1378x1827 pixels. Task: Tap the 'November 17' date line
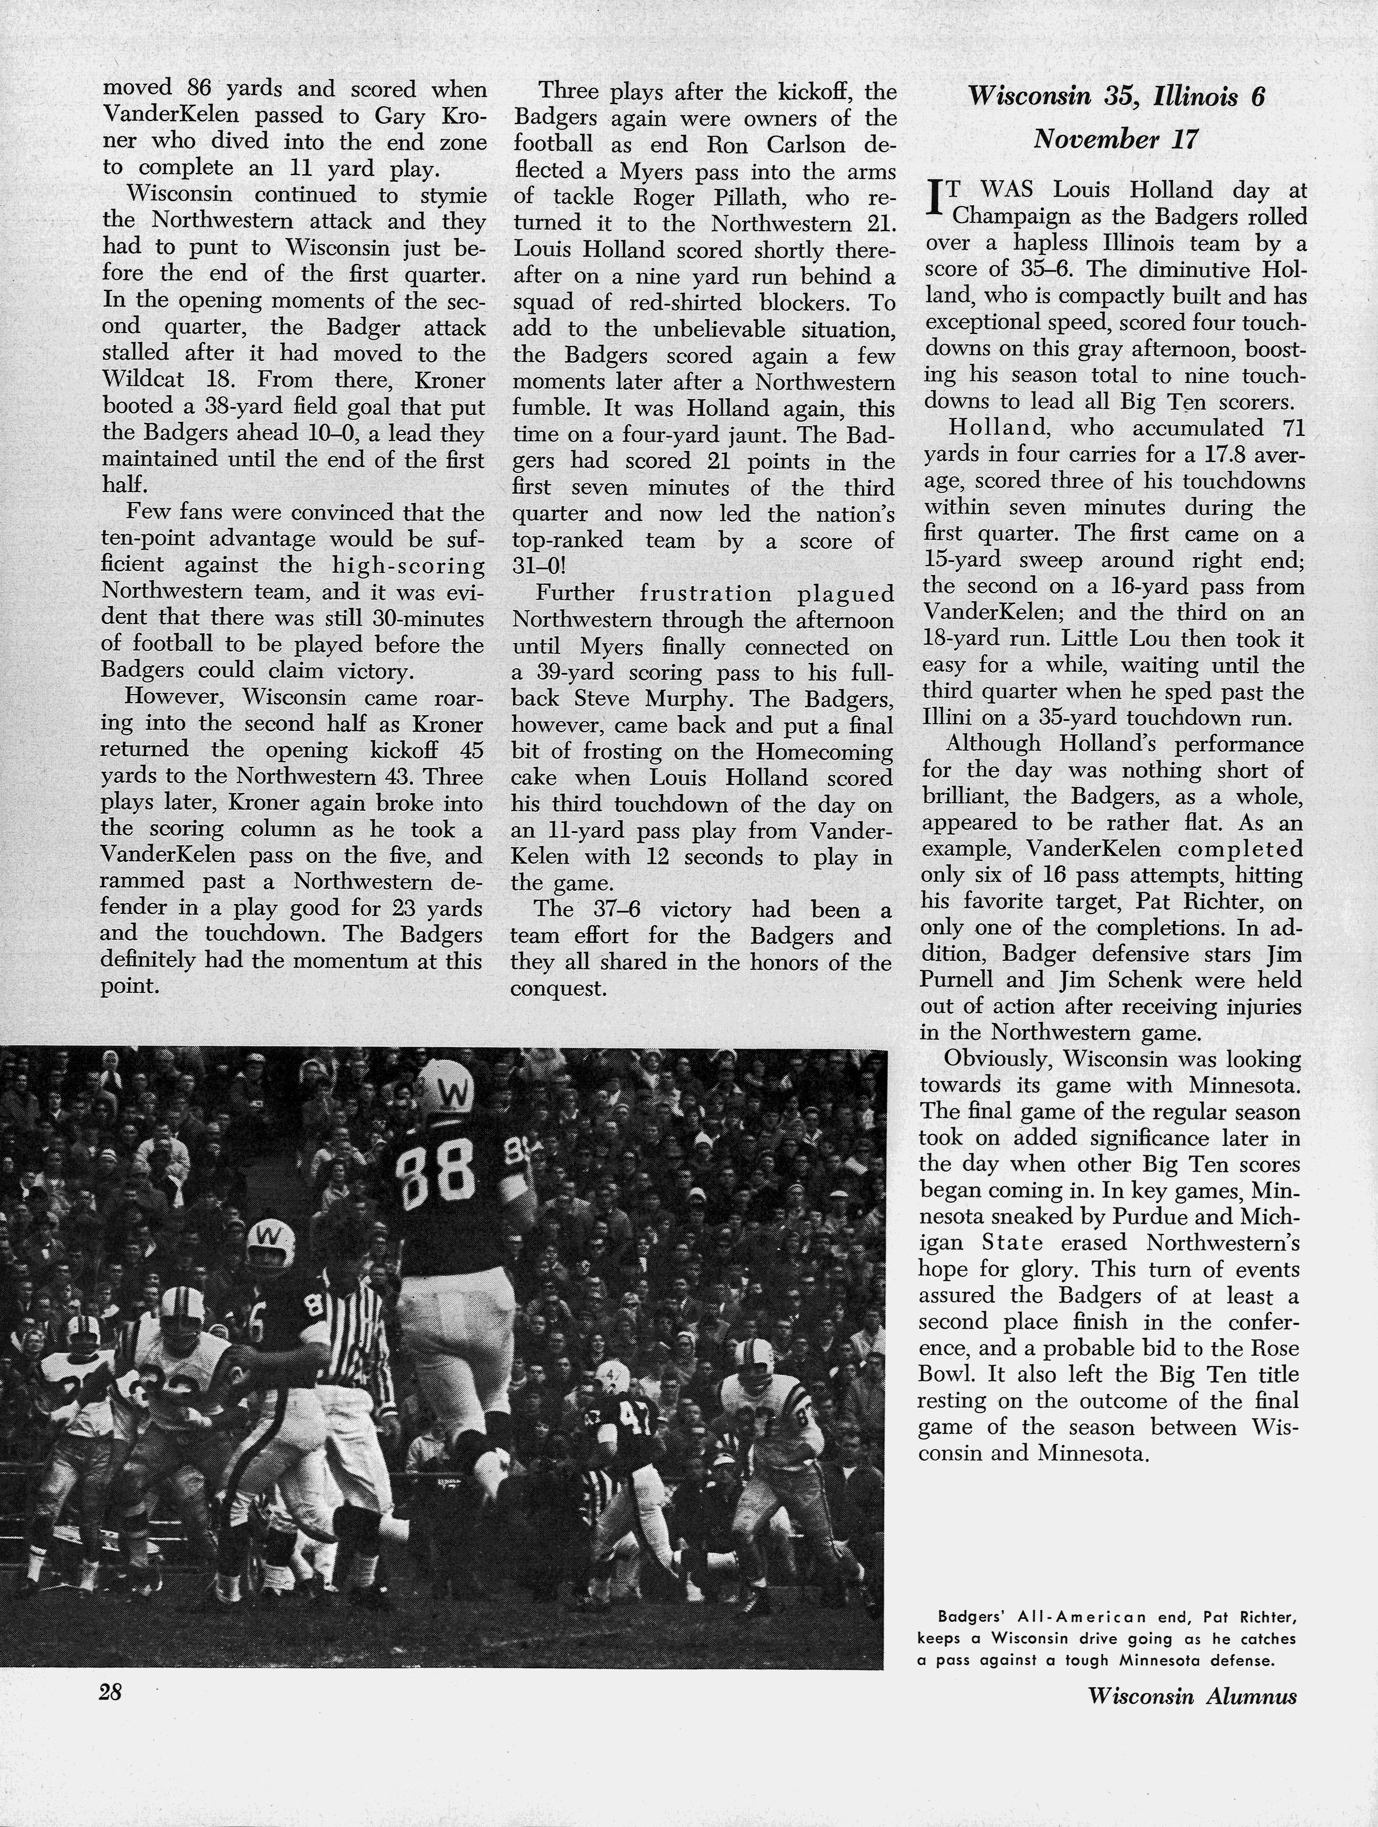(1115, 138)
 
